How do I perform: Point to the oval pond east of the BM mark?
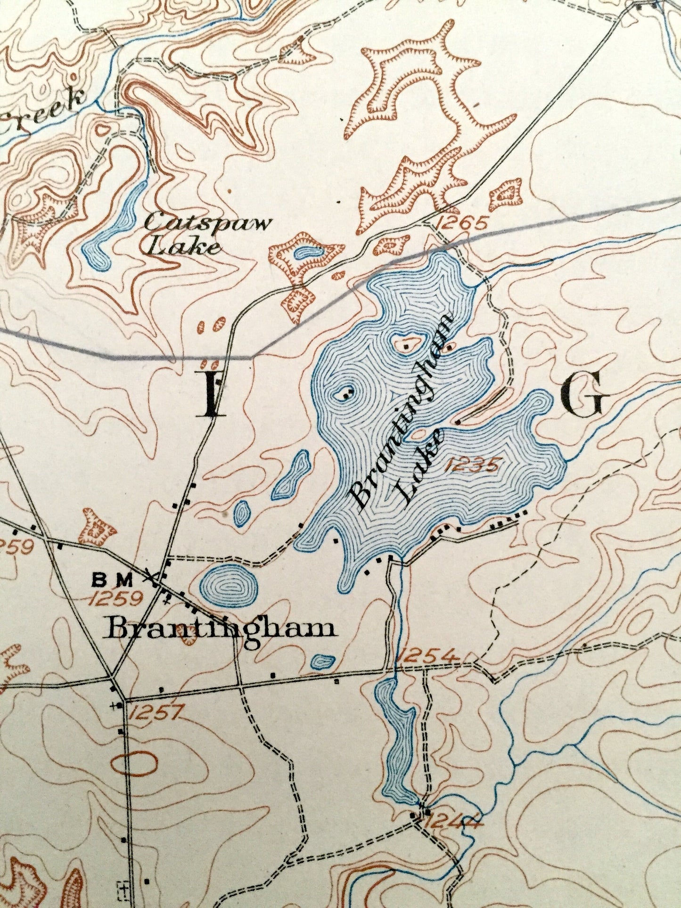tap(229, 586)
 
